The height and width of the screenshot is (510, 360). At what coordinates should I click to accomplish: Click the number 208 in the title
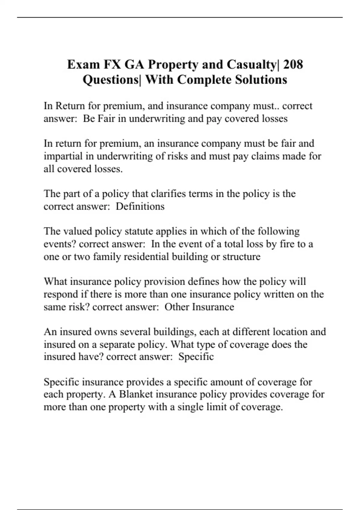293,64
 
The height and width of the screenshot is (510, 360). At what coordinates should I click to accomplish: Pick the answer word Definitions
140,206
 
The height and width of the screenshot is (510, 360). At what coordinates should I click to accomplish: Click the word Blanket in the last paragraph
136,394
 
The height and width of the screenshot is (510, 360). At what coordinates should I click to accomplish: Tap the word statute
137,231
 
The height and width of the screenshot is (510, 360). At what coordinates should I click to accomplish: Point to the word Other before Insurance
177,307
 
